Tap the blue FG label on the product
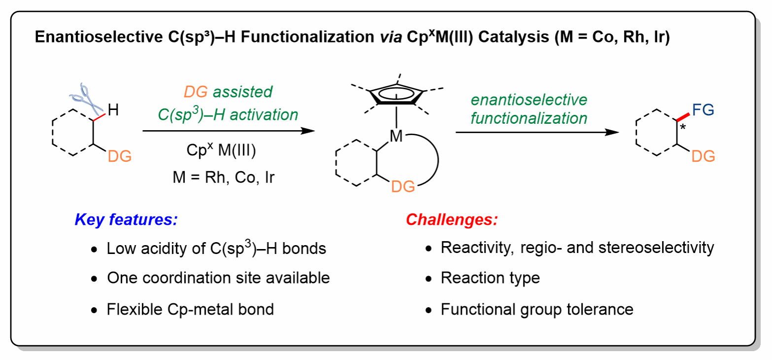pos(703,110)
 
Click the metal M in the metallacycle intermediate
pos(396,136)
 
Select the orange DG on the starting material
pos(120,156)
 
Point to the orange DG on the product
pos(703,156)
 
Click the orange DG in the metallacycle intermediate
pos(403,187)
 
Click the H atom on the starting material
pos(113,110)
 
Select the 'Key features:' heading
pos(126,219)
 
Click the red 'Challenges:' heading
pos(452,219)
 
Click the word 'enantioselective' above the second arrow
pos(529,100)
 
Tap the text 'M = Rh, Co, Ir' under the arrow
pos(223,177)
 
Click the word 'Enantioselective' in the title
pos(99,37)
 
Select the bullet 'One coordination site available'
pos(218,278)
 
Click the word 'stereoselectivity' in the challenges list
pos(656,248)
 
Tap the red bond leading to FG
pos(683,117)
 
